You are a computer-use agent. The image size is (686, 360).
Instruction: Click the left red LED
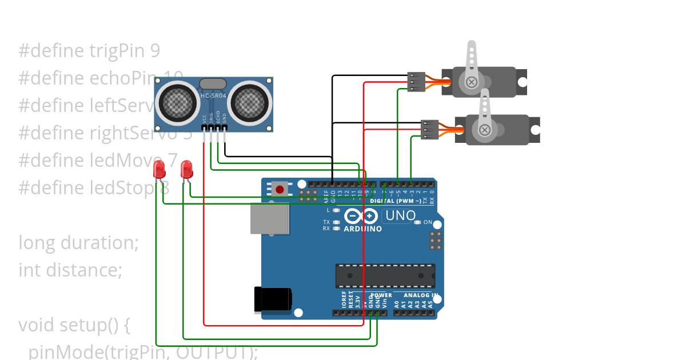pyautogui.click(x=159, y=169)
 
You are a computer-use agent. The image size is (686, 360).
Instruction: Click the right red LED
pyautogui.click(x=186, y=169)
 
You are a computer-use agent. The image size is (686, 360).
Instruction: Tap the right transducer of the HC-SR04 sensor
pyautogui.click(x=249, y=102)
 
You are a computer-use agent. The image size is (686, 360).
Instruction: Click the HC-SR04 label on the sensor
pyautogui.click(x=213, y=95)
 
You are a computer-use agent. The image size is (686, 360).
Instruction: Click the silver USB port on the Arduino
pyautogui.click(x=269, y=219)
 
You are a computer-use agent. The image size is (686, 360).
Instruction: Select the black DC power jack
pyautogui.click(x=273, y=299)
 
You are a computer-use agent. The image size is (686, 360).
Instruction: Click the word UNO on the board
pyautogui.click(x=400, y=216)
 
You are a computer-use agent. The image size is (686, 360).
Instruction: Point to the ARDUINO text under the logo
pyautogui.click(x=362, y=229)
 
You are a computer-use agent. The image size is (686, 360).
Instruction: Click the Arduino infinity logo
pyautogui.click(x=362, y=216)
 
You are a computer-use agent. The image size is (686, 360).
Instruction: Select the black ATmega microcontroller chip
pyautogui.click(x=385, y=276)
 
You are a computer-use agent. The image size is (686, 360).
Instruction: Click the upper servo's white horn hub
pyautogui.click(x=472, y=82)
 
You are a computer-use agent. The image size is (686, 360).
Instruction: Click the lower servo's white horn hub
pyautogui.click(x=485, y=130)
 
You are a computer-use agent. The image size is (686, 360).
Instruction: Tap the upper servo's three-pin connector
pyautogui.click(x=416, y=82)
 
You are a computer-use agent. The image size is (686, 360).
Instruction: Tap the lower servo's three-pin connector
pyautogui.click(x=429, y=130)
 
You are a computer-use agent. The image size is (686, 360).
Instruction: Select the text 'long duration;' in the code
pyautogui.click(x=79, y=242)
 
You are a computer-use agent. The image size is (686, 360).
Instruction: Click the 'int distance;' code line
pyautogui.click(x=70, y=269)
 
